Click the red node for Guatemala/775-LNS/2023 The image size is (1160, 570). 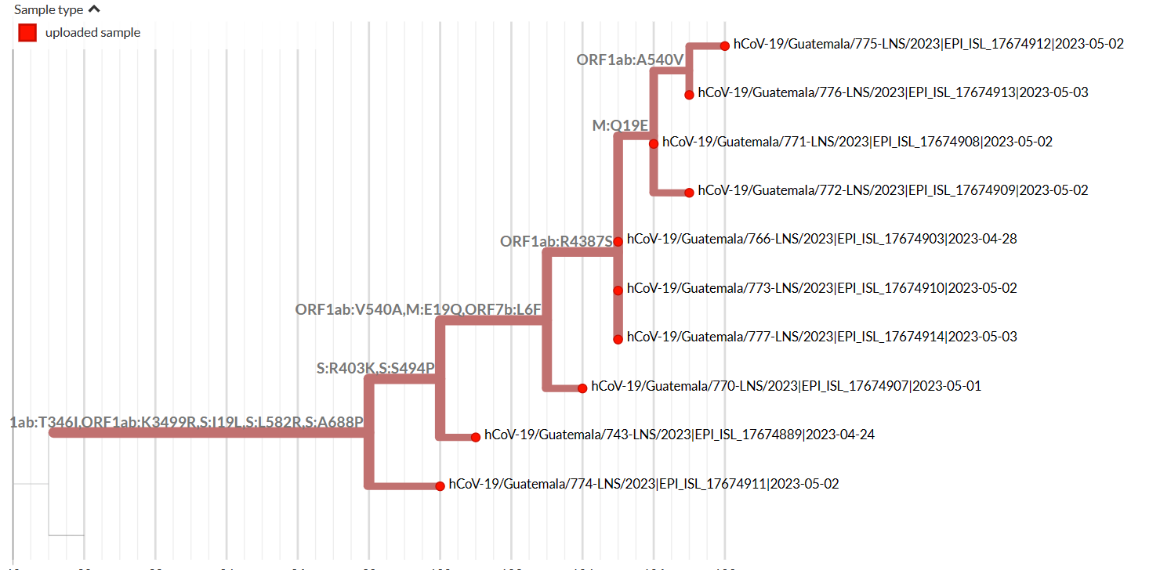[x=725, y=45]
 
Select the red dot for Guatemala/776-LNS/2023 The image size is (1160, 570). [x=689, y=95]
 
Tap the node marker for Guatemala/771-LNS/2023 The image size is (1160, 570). [x=654, y=143]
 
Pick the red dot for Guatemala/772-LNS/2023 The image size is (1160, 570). [x=689, y=192]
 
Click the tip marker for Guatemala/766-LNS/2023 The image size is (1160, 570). [x=618, y=241]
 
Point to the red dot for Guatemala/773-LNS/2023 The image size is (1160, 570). [x=618, y=290]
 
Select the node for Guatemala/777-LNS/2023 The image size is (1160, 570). [x=618, y=339]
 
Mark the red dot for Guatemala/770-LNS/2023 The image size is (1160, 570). [x=582, y=388]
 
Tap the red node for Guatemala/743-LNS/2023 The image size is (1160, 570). [x=476, y=437]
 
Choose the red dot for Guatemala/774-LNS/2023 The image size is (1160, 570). [x=440, y=485]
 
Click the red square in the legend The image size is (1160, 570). [x=28, y=33]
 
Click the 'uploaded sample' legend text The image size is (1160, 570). [x=92, y=33]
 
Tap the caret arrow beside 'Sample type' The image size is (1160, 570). [x=94, y=10]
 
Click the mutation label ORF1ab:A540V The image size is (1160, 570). [x=631, y=60]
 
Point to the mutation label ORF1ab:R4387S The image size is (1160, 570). [x=556, y=242]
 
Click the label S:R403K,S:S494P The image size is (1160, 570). [x=375, y=368]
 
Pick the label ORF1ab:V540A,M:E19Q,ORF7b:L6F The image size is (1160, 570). [x=419, y=309]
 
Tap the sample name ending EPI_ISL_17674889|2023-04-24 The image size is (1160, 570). [x=680, y=435]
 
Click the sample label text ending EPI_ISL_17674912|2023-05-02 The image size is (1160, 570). [x=929, y=44]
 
